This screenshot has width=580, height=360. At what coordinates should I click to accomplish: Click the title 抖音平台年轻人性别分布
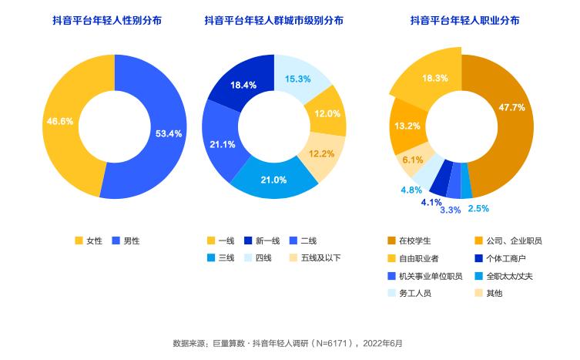(113, 21)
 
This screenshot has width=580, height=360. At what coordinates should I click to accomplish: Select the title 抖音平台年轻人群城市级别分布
(274, 21)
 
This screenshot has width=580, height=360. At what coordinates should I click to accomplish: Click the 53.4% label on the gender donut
(168, 133)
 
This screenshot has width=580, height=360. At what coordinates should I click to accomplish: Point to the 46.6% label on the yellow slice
(60, 121)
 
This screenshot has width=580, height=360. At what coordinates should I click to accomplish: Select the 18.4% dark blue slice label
(243, 85)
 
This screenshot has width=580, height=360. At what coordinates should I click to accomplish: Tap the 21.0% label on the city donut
(274, 180)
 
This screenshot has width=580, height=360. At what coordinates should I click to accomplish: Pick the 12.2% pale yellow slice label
(321, 153)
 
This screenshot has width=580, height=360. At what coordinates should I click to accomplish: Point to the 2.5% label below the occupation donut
(478, 208)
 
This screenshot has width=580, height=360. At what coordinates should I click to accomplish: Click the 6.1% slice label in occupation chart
(413, 160)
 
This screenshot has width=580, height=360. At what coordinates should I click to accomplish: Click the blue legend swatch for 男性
(116, 241)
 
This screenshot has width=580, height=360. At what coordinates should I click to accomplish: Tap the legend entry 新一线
(262, 241)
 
